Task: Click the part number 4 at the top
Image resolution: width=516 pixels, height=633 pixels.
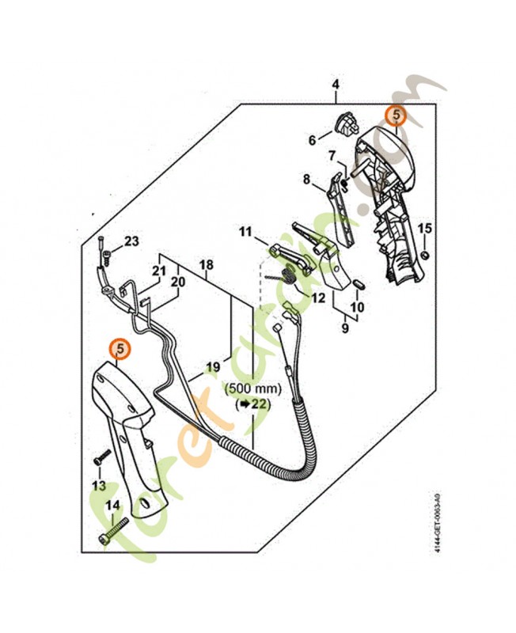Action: (x=336, y=85)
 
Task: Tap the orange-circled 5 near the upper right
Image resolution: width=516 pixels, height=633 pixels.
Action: (x=396, y=115)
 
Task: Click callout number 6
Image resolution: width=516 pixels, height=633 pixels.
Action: (x=312, y=140)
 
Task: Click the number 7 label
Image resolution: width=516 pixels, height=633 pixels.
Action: (x=332, y=155)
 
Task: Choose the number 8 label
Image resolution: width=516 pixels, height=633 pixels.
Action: (x=307, y=179)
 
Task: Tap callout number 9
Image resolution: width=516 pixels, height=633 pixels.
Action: (x=345, y=328)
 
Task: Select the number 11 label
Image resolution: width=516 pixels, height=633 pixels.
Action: (x=245, y=232)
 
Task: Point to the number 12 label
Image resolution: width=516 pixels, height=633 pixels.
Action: (x=318, y=298)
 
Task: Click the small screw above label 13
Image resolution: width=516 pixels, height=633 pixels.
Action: (x=103, y=457)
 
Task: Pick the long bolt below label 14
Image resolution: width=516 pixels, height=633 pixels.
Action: (x=113, y=531)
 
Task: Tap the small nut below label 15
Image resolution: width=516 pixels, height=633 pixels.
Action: (x=425, y=255)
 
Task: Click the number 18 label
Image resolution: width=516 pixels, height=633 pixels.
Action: (x=207, y=265)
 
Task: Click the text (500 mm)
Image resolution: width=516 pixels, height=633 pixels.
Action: (x=253, y=389)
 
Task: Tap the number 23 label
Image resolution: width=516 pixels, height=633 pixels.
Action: (x=131, y=241)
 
